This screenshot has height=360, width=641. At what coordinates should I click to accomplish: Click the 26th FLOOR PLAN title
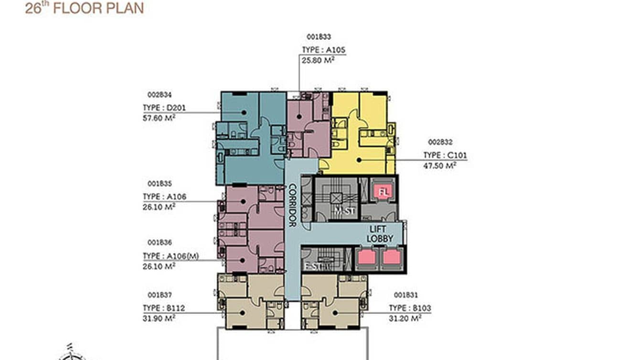[x=84, y=8]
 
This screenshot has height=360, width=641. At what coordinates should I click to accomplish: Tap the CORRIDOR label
[x=292, y=205]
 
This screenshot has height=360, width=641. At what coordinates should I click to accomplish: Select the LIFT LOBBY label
[x=380, y=234]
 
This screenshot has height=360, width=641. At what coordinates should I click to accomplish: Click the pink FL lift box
[x=384, y=192]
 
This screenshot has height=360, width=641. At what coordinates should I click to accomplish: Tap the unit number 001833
[x=319, y=36]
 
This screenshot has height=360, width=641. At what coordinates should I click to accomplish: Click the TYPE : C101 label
[x=445, y=155]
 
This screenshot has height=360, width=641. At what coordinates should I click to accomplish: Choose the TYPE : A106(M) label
[x=170, y=256]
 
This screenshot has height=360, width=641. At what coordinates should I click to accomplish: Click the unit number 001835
[x=160, y=183]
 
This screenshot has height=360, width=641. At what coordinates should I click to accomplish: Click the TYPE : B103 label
[x=410, y=308]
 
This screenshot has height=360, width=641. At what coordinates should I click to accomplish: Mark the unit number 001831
[x=406, y=295]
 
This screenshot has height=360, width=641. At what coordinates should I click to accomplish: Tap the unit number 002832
[x=440, y=142]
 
